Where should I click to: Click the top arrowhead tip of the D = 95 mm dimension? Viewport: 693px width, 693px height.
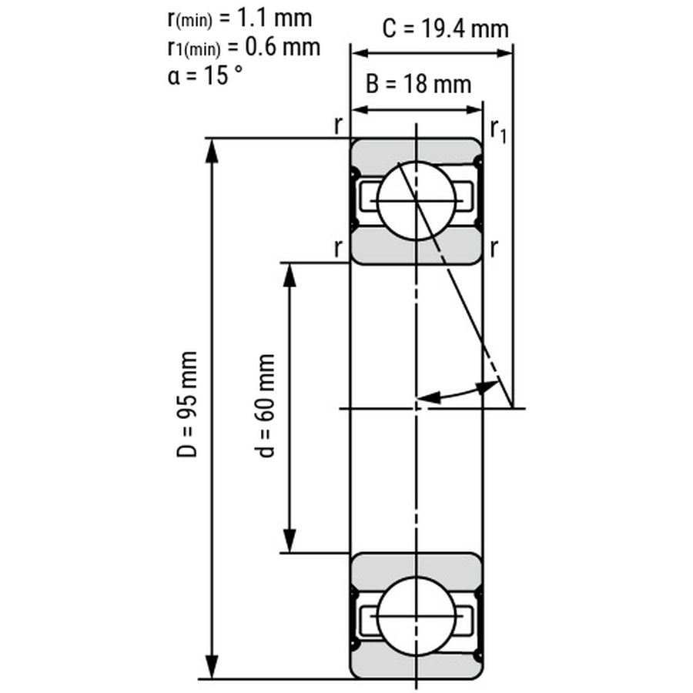pyautogui.click(x=213, y=139)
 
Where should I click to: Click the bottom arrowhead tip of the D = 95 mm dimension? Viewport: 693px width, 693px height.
pyautogui.click(x=213, y=678)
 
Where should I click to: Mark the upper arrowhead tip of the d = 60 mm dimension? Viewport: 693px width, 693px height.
pyautogui.click(x=290, y=263)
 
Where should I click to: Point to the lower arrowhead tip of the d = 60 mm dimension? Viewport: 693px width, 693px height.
pyautogui.click(x=290, y=552)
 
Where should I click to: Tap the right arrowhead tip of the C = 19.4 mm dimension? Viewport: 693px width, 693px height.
pyautogui.click(x=513, y=53)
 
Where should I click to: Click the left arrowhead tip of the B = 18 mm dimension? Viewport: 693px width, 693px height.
pyautogui.click(x=351, y=109)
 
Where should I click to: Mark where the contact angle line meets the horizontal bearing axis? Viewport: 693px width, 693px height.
pyautogui.click(x=512, y=408)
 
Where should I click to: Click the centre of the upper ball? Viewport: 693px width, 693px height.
pyautogui.click(x=417, y=201)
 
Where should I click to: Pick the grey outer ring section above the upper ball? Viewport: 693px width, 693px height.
pyautogui.click(x=416, y=151)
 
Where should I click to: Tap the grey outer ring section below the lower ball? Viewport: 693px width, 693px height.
pyautogui.click(x=416, y=665)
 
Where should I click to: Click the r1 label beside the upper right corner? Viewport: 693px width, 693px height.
pyautogui.click(x=498, y=131)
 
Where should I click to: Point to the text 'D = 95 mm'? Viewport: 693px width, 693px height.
pyautogui.click(x=186, y=404)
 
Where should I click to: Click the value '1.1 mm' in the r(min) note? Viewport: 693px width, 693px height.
pyautogui.click(x=274, y=18)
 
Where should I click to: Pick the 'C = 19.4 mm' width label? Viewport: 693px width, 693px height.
pyautogui.click(x=446, y=29)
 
